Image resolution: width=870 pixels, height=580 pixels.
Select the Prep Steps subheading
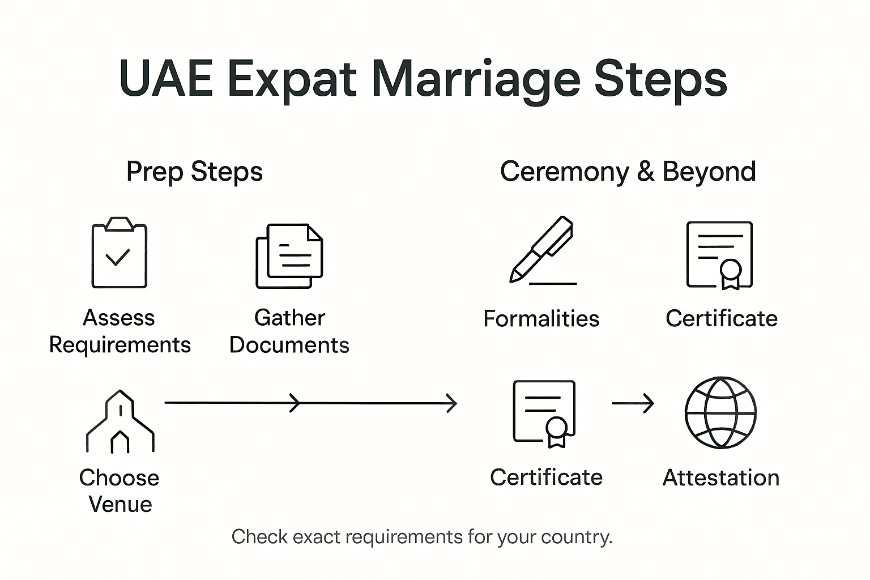[x=194, y=172]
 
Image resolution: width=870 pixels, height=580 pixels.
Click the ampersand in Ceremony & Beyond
[x=645, y=172]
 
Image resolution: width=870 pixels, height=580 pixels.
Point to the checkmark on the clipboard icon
[x=118, y=257]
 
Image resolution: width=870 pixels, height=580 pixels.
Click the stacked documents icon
[x=289, y=255]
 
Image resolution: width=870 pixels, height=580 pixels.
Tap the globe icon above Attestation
[x=720, y=412]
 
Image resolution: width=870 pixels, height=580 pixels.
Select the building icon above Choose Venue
[x=120, y=421]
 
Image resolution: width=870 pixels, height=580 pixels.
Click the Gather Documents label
[x=289, y=331]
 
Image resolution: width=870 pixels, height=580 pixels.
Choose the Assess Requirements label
[x=120, y=331]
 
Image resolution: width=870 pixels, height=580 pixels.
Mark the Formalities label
[x=541, y=319]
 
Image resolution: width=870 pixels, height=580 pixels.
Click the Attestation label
[x=720, y=478]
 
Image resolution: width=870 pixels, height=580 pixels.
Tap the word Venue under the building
[x=121, y=505]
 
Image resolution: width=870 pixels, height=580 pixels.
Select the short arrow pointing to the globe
[x=633, y=403]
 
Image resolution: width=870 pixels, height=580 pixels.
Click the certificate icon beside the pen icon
[x=720, y=255]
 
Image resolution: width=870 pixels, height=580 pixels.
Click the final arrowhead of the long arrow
[x=452, y=403]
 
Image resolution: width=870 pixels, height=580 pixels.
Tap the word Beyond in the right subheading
[x=709, y=172]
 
